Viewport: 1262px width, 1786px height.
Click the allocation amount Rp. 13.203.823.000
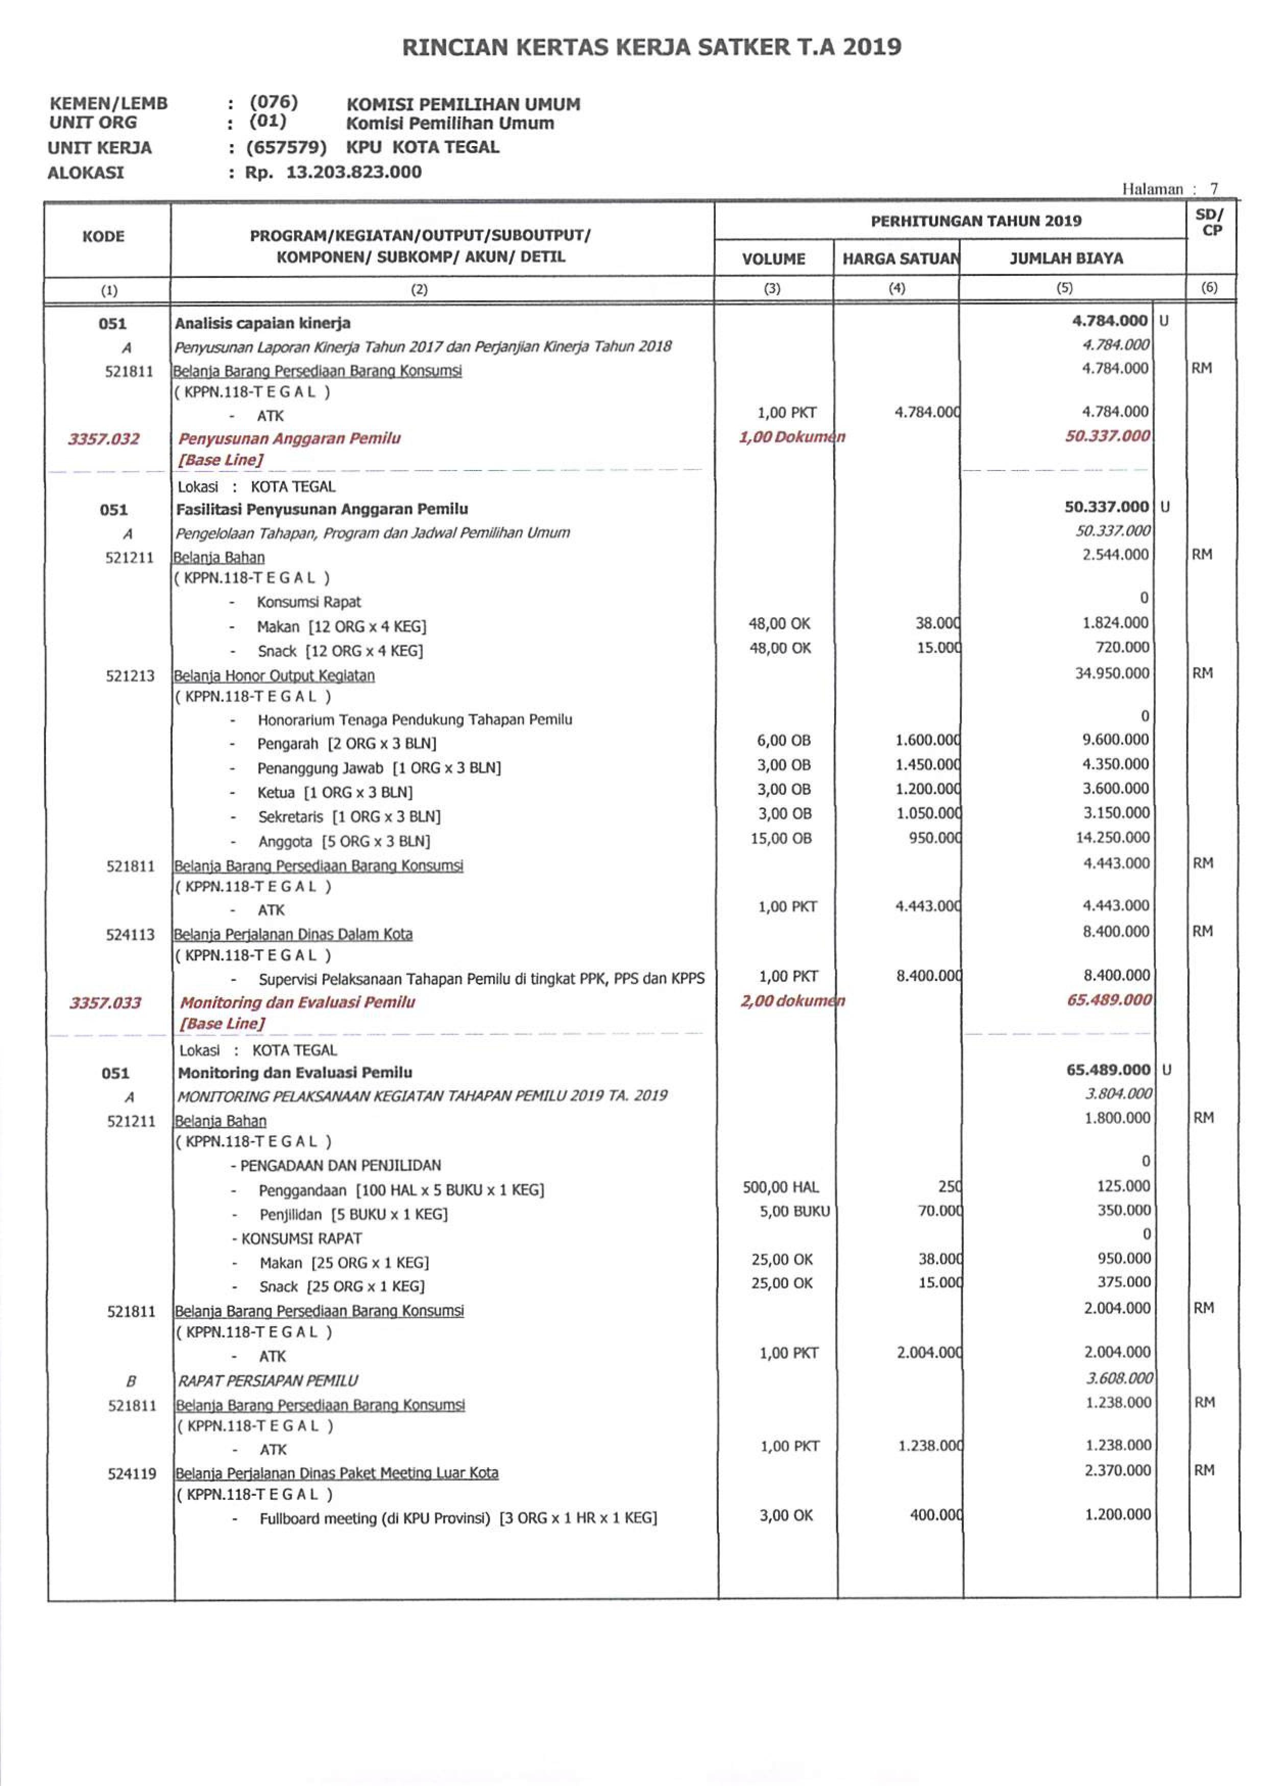click(x=333, y=172)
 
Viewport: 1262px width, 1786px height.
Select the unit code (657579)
click(x=286, y=147)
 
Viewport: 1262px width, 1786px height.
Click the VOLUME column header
click(x=773, y=258)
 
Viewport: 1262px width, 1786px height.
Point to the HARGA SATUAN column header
click(x=901, y=258)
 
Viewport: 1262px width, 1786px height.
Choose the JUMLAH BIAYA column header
click(x=1065, y=258)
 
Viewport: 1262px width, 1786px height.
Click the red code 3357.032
click(x=104, y=439)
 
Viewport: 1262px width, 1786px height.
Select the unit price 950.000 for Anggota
click(x=934, y=838)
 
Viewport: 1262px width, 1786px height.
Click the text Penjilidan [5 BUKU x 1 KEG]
click(x=354, y=1214)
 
